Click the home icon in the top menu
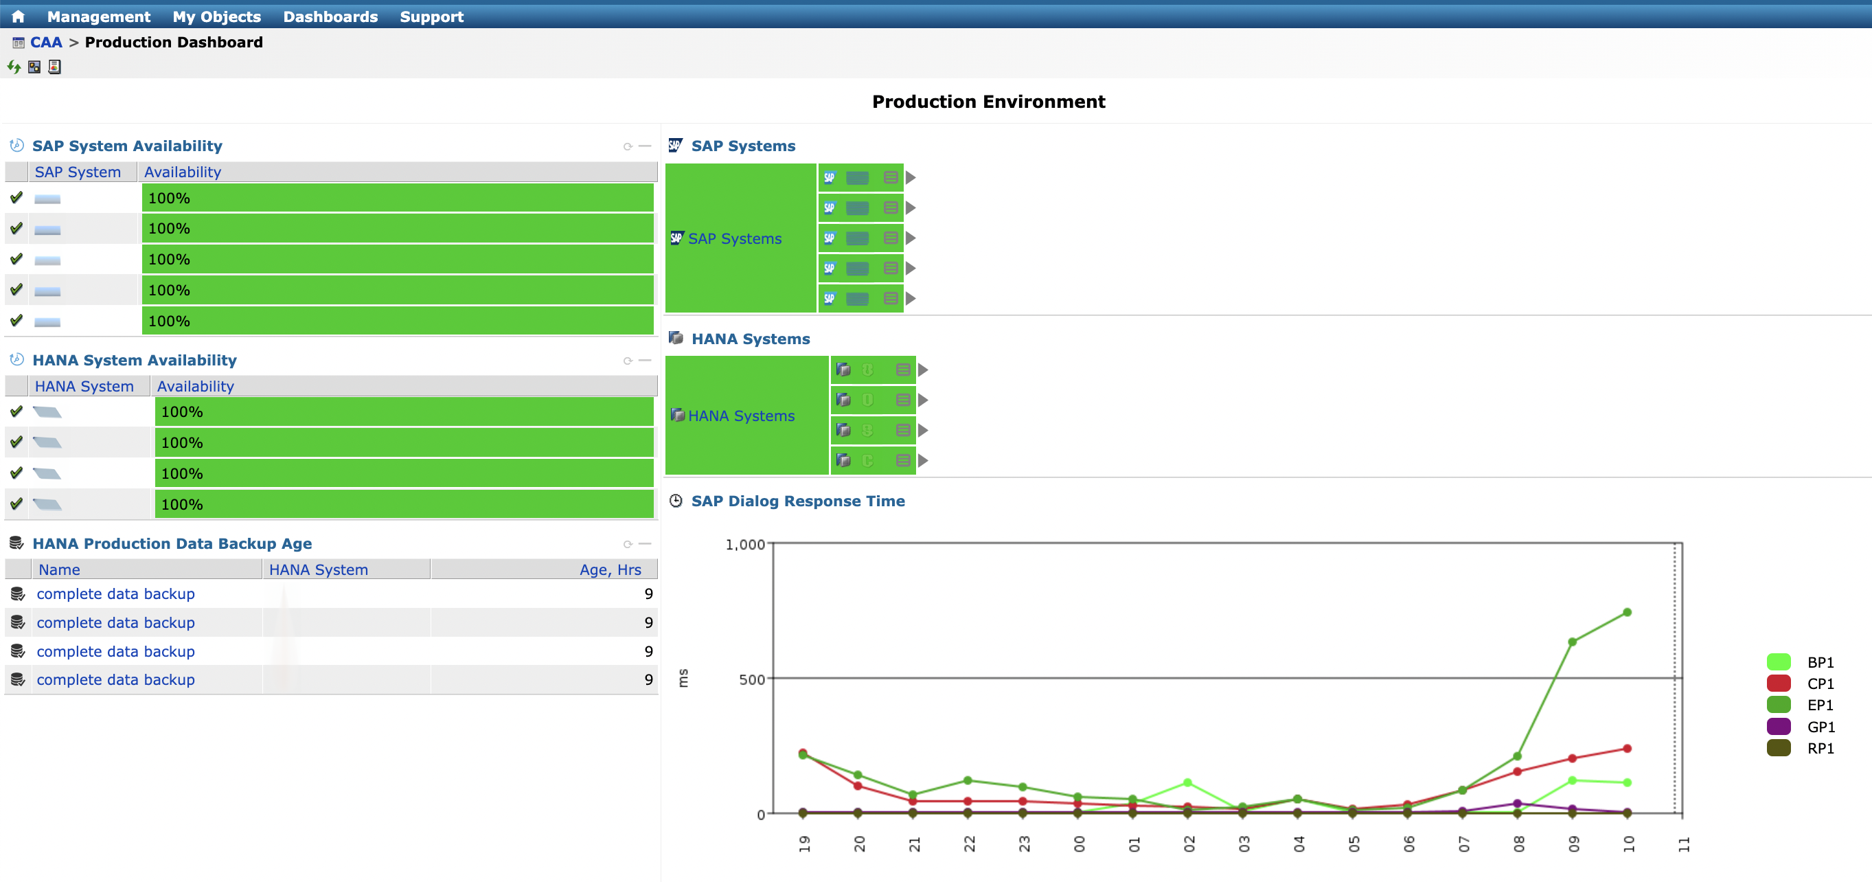tap(18, 16)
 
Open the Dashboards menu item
tap(330, 16)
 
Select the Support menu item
tap(431, 16)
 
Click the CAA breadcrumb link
tap(46, 42)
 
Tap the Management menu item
tap(98, 16)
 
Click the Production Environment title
tap(988, 102)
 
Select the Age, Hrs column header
tap(610, 570)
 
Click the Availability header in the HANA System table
tap(195, 386)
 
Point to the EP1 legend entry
tap(1820, 705)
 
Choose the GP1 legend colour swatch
tap(1777, 726)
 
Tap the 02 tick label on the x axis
tap(1189, 844)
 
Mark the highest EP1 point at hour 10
tap(1627, 612)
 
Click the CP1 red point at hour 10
tap(1627, 748)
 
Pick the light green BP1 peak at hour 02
tap(1187, 782)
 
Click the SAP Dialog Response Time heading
tap(797, 501)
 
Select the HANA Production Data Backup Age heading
tap(172, 544)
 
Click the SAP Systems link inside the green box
tap(734, 238)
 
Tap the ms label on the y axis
tap(683, 678)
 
